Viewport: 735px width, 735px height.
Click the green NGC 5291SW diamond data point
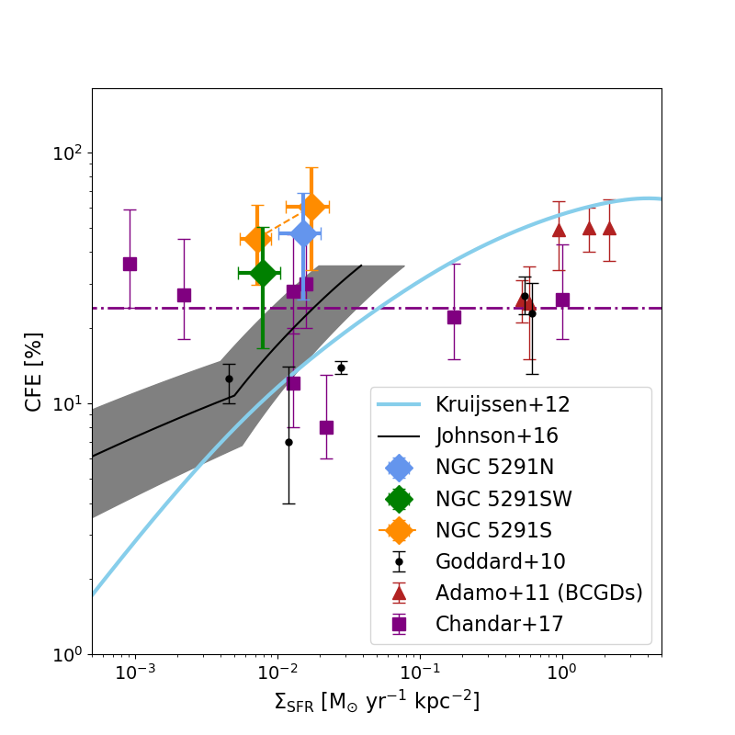(263, 273)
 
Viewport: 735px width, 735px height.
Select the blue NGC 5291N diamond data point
(303, 234)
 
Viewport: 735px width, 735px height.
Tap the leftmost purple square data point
(130, 264)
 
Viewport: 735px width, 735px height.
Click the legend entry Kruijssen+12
(496, 404)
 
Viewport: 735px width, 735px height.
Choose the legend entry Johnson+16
(496, 435)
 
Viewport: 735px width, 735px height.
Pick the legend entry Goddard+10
(500, 561)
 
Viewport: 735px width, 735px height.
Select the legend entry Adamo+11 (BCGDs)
(538, 593)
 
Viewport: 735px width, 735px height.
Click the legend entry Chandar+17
(499, 624)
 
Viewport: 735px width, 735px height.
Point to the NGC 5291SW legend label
(503, 499)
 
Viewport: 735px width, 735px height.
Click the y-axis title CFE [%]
(34, 372)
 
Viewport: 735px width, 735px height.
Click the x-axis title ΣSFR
(377, 702)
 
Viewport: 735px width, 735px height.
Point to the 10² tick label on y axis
(66, 153)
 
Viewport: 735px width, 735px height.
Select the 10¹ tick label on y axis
(66, 403)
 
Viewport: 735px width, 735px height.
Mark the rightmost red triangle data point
(609, 228)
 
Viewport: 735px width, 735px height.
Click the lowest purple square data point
(326, 427)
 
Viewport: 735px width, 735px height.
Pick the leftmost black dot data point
(229, 379)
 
